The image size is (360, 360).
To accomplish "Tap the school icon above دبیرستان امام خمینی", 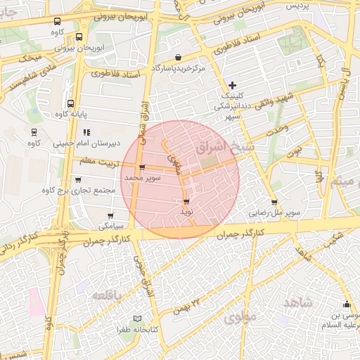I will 86,132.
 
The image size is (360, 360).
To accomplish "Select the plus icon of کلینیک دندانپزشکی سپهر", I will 233,85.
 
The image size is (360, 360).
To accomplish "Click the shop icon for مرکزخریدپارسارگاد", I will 177,58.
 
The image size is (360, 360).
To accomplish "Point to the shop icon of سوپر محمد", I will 143,167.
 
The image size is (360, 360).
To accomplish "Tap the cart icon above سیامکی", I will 110,216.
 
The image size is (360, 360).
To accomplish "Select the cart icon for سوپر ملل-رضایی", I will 274,202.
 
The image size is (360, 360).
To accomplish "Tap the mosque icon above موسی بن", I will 346,305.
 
